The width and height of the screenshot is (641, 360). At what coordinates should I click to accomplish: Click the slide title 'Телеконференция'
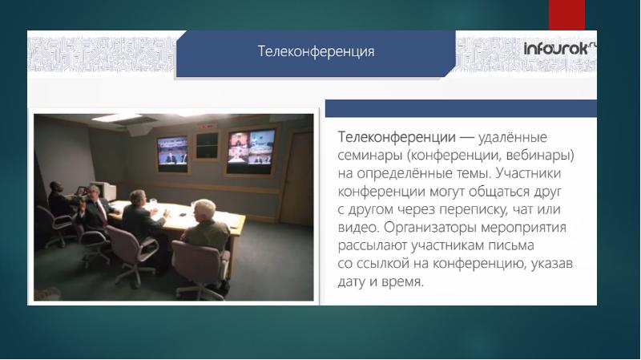(x=316, y=52)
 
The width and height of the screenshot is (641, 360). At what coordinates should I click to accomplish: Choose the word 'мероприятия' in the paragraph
(x=543, y=227)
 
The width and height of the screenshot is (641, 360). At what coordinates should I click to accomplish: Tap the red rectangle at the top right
(x=566, y=14)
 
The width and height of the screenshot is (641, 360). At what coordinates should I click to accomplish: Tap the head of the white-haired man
(x=205, y=210)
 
